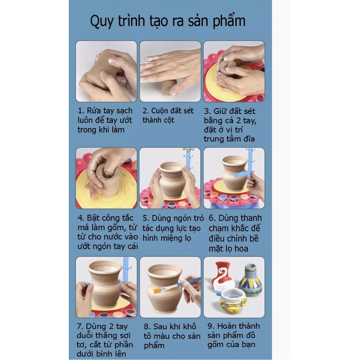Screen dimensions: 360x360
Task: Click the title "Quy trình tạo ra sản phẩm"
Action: (168, 21)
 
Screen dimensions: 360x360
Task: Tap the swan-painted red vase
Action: (223, 278)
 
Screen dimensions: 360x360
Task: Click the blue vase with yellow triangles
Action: (251, 280)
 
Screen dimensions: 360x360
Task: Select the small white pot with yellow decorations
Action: (233, 302)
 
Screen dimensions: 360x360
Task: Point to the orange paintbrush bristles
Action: (157, 291)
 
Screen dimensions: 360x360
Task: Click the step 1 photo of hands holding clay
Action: (106, 71)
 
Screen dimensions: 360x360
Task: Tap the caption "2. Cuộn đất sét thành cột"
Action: (168, 115)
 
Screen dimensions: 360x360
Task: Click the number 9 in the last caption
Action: (210, 326)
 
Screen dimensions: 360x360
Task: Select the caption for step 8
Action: (172, 336)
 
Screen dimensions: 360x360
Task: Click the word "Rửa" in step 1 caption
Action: (94, 110)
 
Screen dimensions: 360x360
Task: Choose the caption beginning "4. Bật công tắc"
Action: (107, 232)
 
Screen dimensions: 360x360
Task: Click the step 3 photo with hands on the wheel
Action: (234, 71)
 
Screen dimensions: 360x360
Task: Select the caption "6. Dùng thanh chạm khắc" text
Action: (234, 233)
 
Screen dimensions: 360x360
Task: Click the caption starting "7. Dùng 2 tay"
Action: (105, 340)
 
